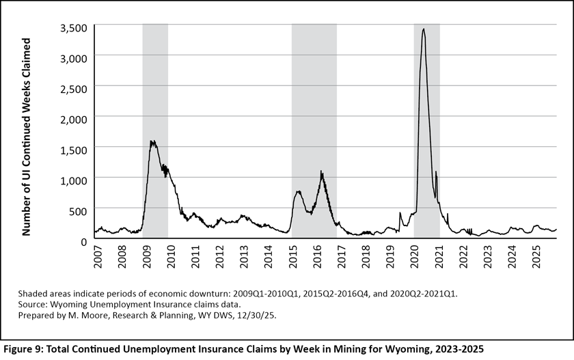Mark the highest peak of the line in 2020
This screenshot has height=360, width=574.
pyautogui.click(x=424, y=29)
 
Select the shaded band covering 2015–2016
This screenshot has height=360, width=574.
pyautogui.click(x=314, y=130)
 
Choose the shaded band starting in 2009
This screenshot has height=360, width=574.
pyautogui.click(x=155, y=130)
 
